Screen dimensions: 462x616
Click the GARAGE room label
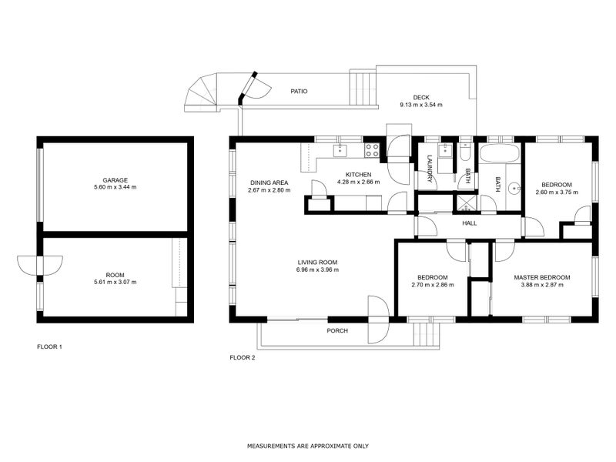click(x=115, y=179)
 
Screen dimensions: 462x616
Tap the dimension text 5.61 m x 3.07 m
click(x=115, y=283)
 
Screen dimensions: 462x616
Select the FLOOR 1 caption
click(x=49, y=347)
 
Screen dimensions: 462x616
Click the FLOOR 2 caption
click(x=243, y=357)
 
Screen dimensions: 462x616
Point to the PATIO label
click(x=299, y=91)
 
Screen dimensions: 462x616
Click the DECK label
click(x=420, y=97)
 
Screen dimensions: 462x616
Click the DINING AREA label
click(x=269, y=182)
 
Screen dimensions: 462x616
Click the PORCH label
click(x=337, y=331)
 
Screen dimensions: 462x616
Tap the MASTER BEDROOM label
click(x=543, y=277)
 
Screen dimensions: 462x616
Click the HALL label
click(x=469, y=223)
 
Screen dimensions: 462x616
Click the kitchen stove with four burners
click(x=372, y=148)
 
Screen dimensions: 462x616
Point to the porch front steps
click(x=425, y=334)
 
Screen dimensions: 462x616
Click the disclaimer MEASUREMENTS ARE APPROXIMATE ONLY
click(x=308, y=446)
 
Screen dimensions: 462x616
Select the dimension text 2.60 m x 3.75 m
click(x=556, y=192)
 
